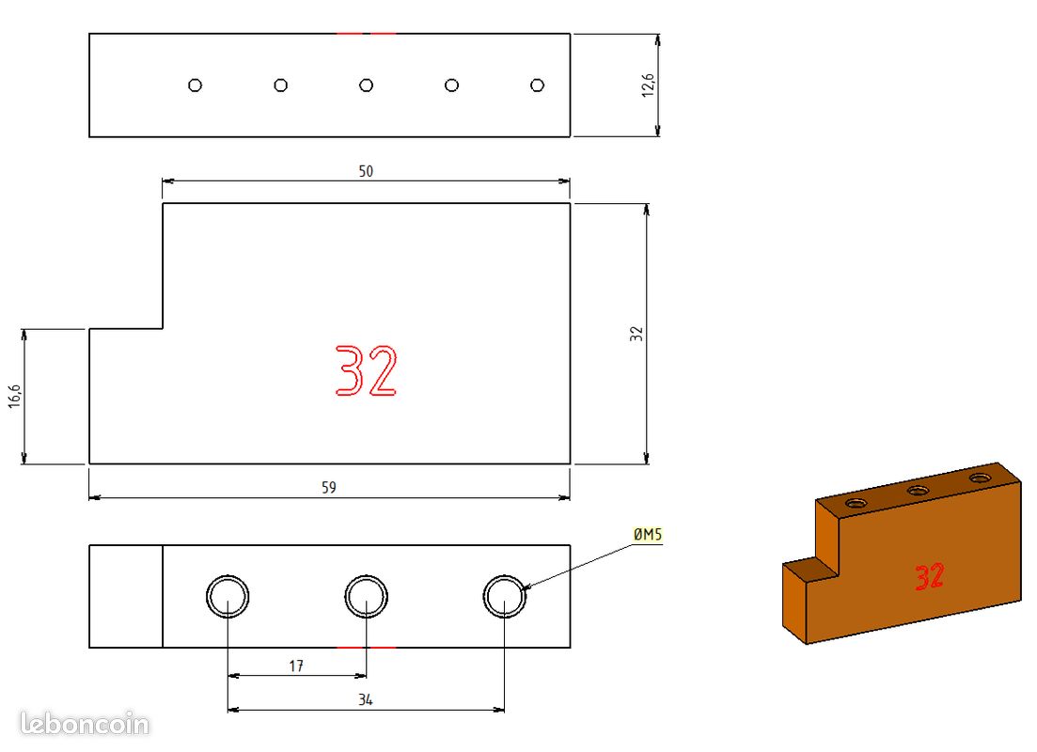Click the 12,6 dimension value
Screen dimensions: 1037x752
(648, 86)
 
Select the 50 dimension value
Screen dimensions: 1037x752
(366, 171)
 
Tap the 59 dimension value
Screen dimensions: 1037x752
(329, 488)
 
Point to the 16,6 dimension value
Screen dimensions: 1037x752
(14, 396)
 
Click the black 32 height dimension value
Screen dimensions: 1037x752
(636, 334)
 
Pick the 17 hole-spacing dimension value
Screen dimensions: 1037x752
(296, 666)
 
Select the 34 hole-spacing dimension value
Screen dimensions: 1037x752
(365, 699)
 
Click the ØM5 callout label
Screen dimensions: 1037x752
(648, 535)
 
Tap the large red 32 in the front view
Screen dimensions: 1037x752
(366, 370)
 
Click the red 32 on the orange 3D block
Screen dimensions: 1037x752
(929, 577)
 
